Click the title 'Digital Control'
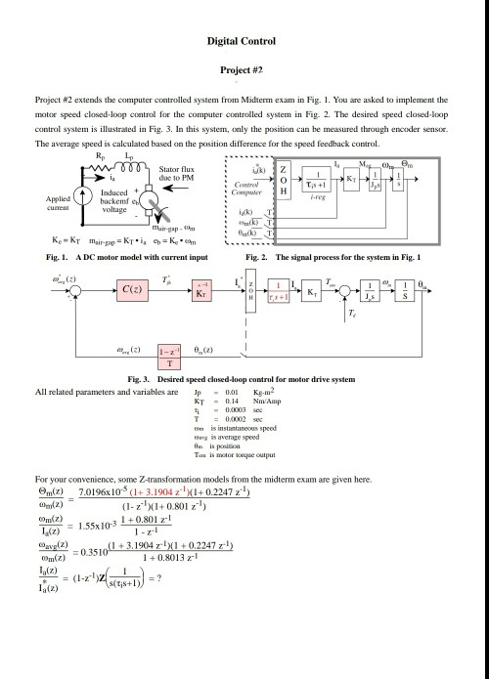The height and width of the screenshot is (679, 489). (x=244, y=43)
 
